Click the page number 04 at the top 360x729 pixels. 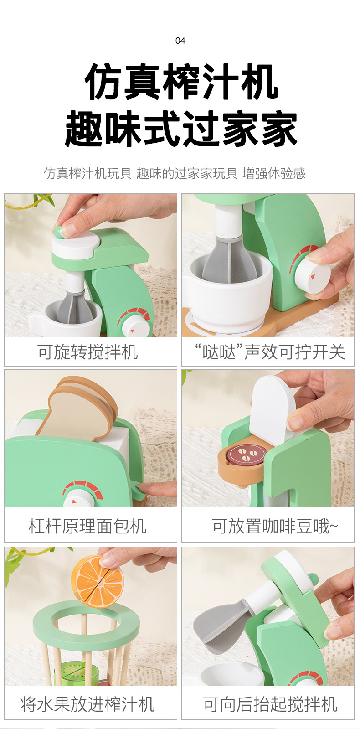coord(180,41)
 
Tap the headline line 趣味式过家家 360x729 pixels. coord(181,129)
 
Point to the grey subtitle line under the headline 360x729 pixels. coord(175,173)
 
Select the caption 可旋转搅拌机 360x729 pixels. coord(88,352)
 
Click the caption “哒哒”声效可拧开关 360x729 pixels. coord(270,352)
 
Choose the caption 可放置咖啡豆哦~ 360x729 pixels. coord(275,526)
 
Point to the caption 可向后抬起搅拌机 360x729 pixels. coord(270,704)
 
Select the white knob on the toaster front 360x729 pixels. coord(77,499)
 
